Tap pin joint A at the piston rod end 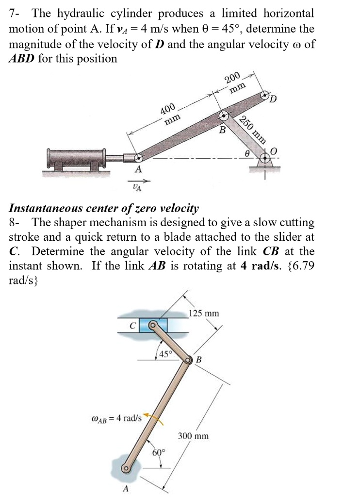pos(138,158)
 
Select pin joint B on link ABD pos(224,116)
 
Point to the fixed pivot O pos(265,158)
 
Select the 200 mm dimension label pos(235,83)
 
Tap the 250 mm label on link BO pos(253,131)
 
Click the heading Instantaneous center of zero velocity pos(104,209)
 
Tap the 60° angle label pos(159,453)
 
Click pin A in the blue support pos(127,469)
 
